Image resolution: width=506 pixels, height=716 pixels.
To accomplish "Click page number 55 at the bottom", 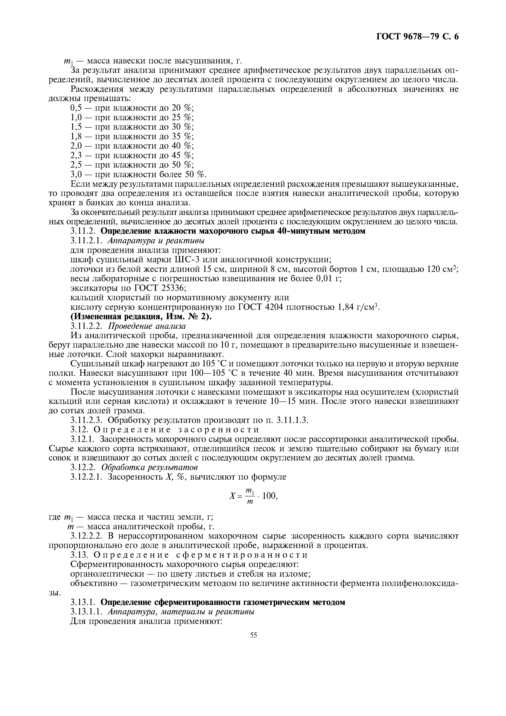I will click(253, 635).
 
